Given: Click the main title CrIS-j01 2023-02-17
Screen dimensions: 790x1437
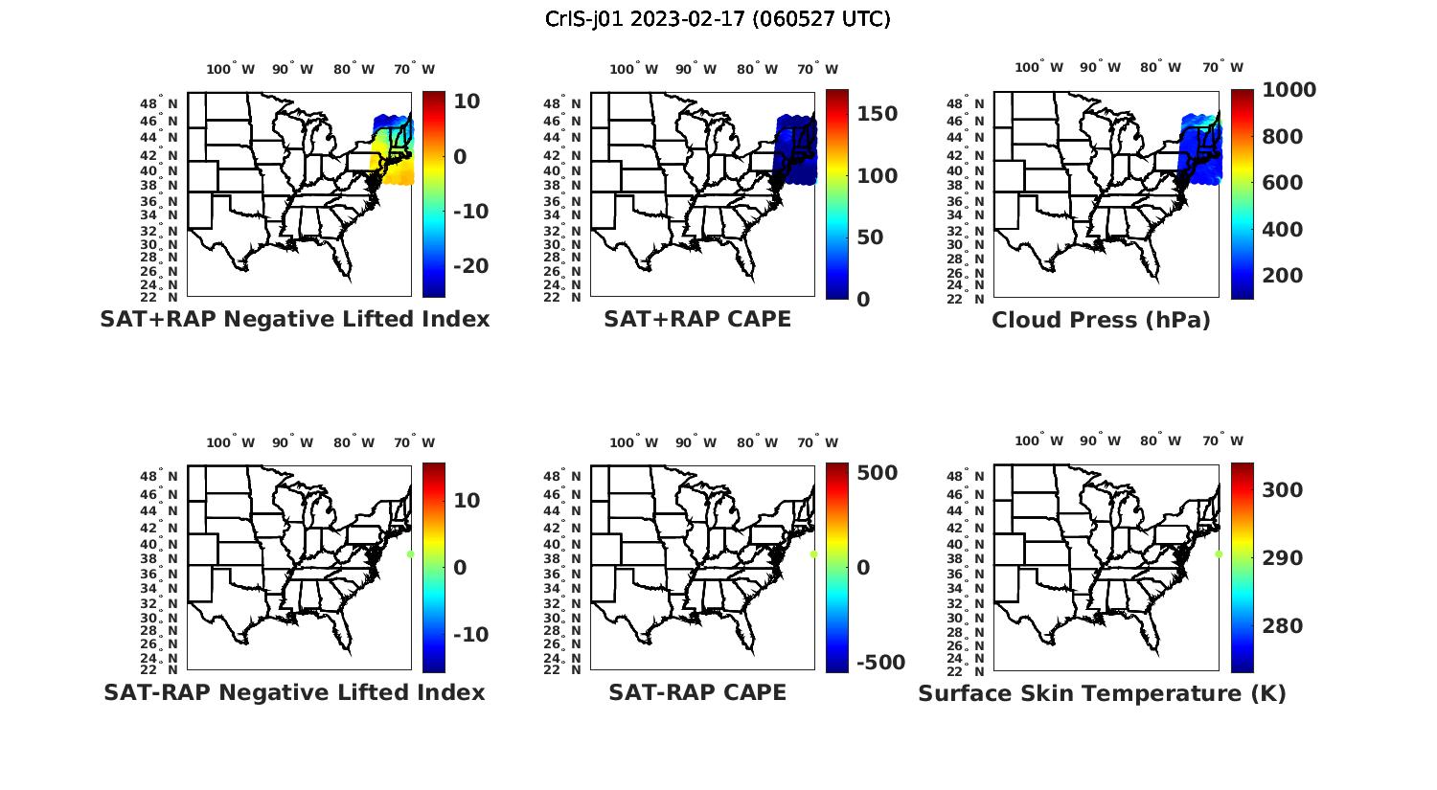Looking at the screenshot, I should point(718,19).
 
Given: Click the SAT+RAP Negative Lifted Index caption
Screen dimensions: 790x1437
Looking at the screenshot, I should point(295,319).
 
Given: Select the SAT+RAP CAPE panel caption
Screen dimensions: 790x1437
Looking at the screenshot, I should point(697,319).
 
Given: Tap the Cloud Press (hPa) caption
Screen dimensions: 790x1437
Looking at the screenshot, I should point(1101,320).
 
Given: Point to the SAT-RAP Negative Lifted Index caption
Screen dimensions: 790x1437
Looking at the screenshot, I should point(294,692).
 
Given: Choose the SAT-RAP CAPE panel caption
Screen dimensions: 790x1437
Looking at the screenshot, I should point(697,692).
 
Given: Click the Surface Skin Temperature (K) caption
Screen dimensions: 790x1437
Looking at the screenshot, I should point(1102,693).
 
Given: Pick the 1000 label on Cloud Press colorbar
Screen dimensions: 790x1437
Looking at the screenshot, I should point(1289,90).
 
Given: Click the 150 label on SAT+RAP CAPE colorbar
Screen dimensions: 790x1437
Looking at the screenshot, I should point(877,114).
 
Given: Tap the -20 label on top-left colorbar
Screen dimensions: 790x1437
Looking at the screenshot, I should point(470,266).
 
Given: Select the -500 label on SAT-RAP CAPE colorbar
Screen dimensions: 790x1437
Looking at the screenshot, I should point(879,663).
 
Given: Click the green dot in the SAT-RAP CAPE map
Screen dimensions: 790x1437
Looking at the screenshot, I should point(813,553).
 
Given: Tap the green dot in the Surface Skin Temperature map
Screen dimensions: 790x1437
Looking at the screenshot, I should point(1219,553).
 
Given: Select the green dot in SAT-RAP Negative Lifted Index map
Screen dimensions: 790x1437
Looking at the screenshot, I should point(410,553).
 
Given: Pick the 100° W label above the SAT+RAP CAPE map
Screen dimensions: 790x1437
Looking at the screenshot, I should point(633,69).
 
